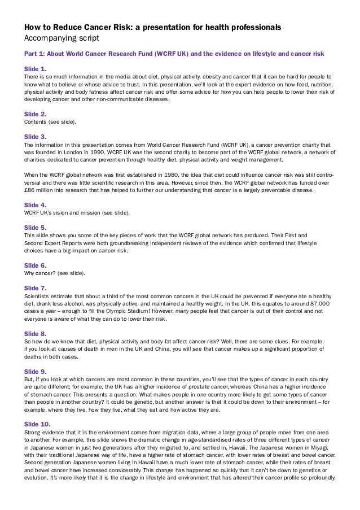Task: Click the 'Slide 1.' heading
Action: coord(35,67)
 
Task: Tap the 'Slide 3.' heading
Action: coord(35,137)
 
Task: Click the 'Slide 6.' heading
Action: coord(35,265)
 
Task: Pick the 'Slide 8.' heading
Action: coord(35,333)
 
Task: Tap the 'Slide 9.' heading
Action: coord(35,371)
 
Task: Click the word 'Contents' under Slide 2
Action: coord(35,122)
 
